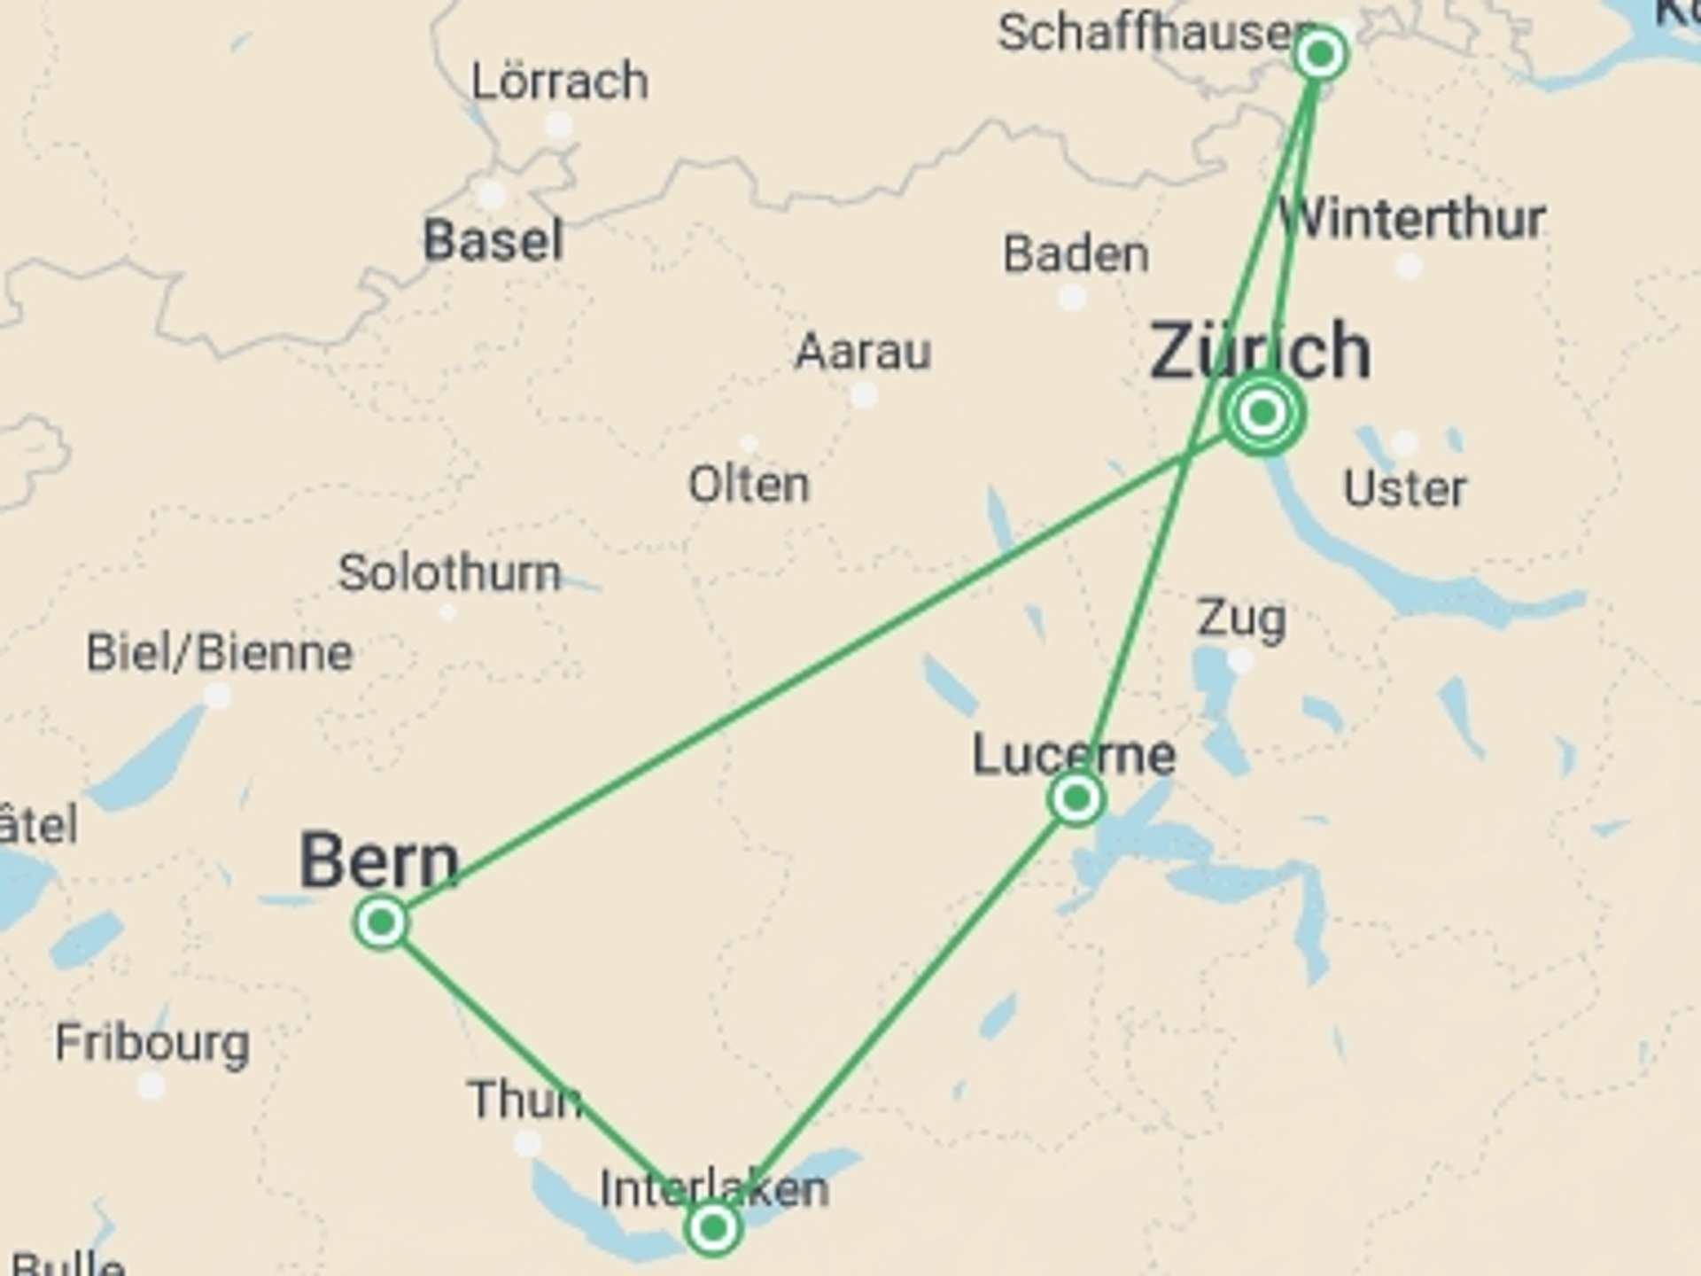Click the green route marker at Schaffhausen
click(1320, 55)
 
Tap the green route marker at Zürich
click(1262, 413)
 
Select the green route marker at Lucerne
click(1076, 799)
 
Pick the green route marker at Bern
click(381, 923)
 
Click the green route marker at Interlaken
click(713, 1228)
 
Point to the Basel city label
click(493, 240)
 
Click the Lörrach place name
click(560, 82)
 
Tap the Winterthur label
click(1413, 219)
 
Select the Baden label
click(1076, 254)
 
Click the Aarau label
click(863, 352)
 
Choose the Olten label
click(749, 485)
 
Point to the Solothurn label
click(449, 572)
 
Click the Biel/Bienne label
click(220, 653)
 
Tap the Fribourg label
click(152, 1043)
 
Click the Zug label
click(1240, 618)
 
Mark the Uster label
click(1405, 488)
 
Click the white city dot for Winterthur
click(1408, 265)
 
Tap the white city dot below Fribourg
click(151, 1085)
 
